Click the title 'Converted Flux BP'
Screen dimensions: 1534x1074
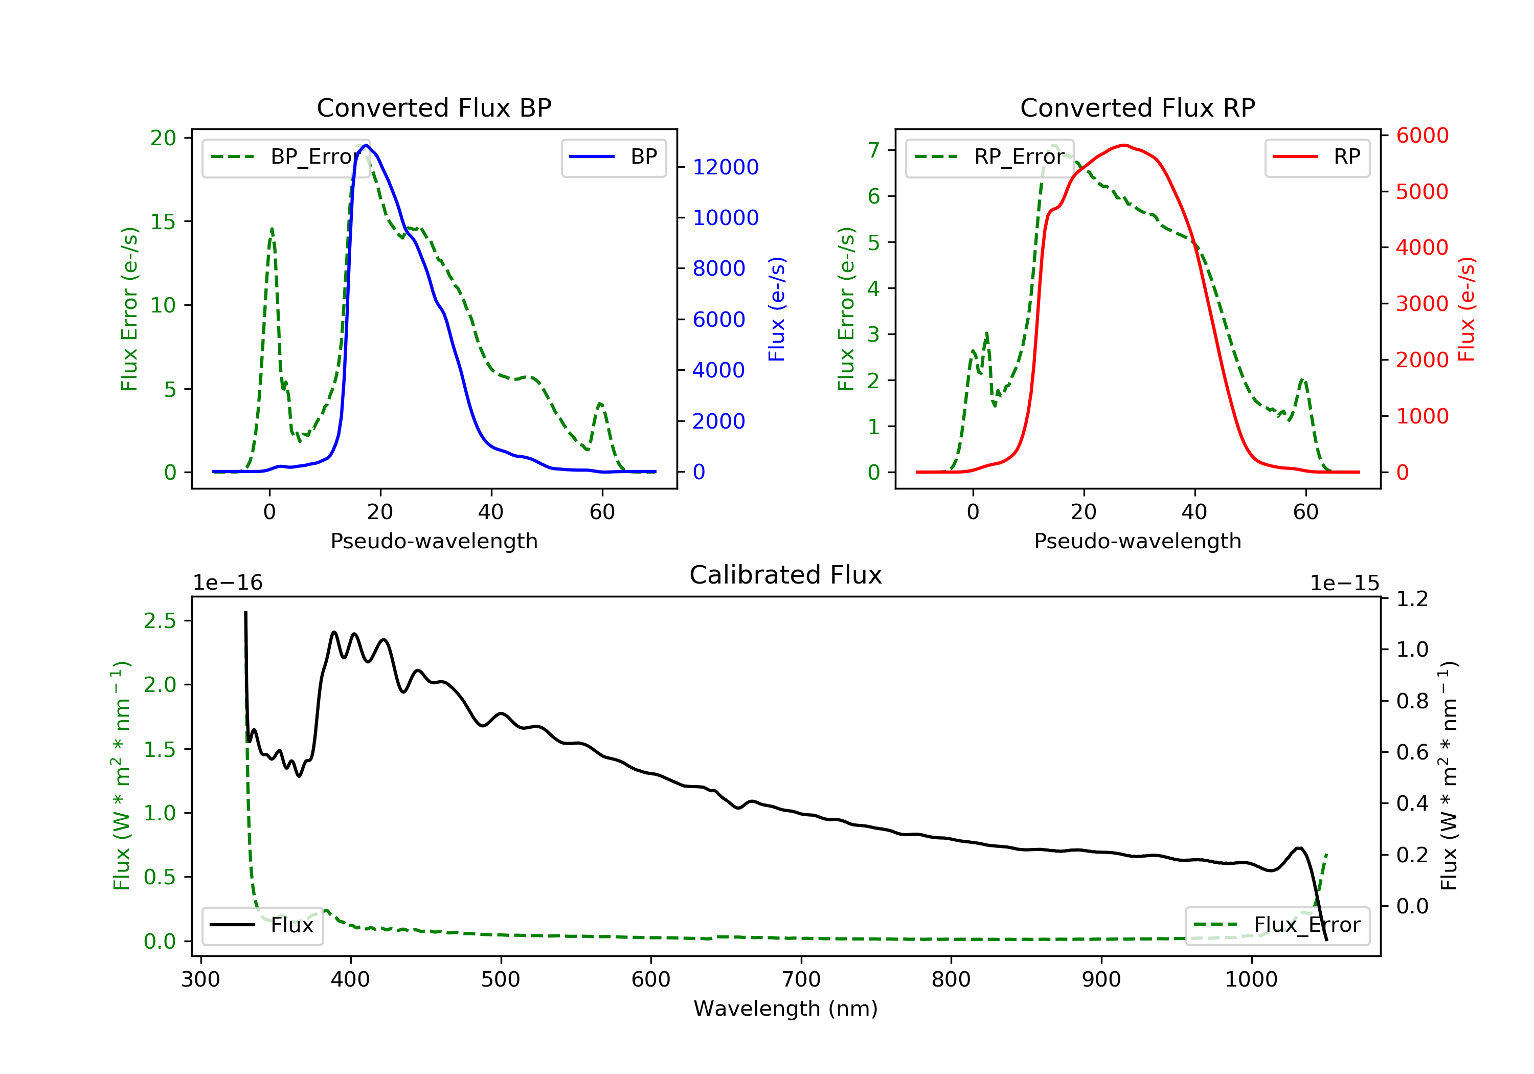click(x=434, y=107)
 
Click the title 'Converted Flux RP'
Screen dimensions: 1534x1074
click(x=1137, y=107)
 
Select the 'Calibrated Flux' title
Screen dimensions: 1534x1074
click(x=786, y=575)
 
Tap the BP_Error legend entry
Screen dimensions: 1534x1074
click(x=285, y=157)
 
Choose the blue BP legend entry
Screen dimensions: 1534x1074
click(x=613, y=157)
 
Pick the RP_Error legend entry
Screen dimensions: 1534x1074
click(x=989, y=157)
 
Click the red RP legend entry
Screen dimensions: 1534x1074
click(x=1317, y=157)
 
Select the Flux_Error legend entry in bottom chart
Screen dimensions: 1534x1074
click(x=1277, y=925)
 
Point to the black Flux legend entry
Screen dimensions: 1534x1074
click(x=262, y=925)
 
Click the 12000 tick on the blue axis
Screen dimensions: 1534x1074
click(x=725, y=167)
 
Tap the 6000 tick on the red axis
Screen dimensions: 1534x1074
click(x=1423, y=136)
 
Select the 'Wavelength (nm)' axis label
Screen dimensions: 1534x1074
click(x=786, y=1009)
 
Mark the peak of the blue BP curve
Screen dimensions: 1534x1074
click(x=366, y=145)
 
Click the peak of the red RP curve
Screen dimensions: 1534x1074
click(x=1125, y=145)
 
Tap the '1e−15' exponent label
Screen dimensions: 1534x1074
click(x=1344, y=584)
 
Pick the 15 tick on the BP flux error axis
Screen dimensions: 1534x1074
click(x=163, y=222)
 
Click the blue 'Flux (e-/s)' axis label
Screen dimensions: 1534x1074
click(x=776, y=309)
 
